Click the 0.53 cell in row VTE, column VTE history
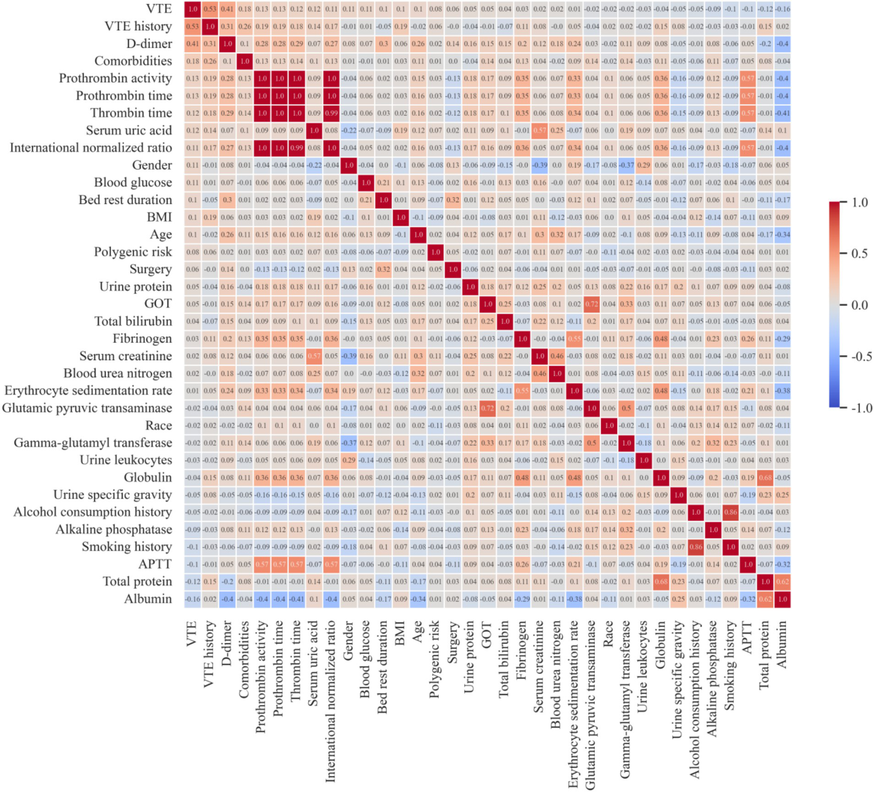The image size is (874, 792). pos(210,9)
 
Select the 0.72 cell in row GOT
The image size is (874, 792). pos(592,304)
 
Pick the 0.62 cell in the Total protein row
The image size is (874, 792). pos(783,582)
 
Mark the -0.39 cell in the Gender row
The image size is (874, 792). pos(540,165)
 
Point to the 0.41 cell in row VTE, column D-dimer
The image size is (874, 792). pos(227,9)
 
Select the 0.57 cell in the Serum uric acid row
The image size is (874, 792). pos(540,130)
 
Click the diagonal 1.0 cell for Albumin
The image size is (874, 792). pos(783,599)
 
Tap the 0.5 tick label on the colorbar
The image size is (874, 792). pos(859,254)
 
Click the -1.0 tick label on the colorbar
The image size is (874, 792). pos(857,408)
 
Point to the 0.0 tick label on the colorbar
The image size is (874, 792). pos(859,305)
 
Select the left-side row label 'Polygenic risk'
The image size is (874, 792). pos(133,252)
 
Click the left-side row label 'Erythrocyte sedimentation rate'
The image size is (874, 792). pos(88,391)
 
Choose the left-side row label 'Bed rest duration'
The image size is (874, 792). pos(125,200)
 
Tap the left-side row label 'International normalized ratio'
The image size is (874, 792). pos(91,148)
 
